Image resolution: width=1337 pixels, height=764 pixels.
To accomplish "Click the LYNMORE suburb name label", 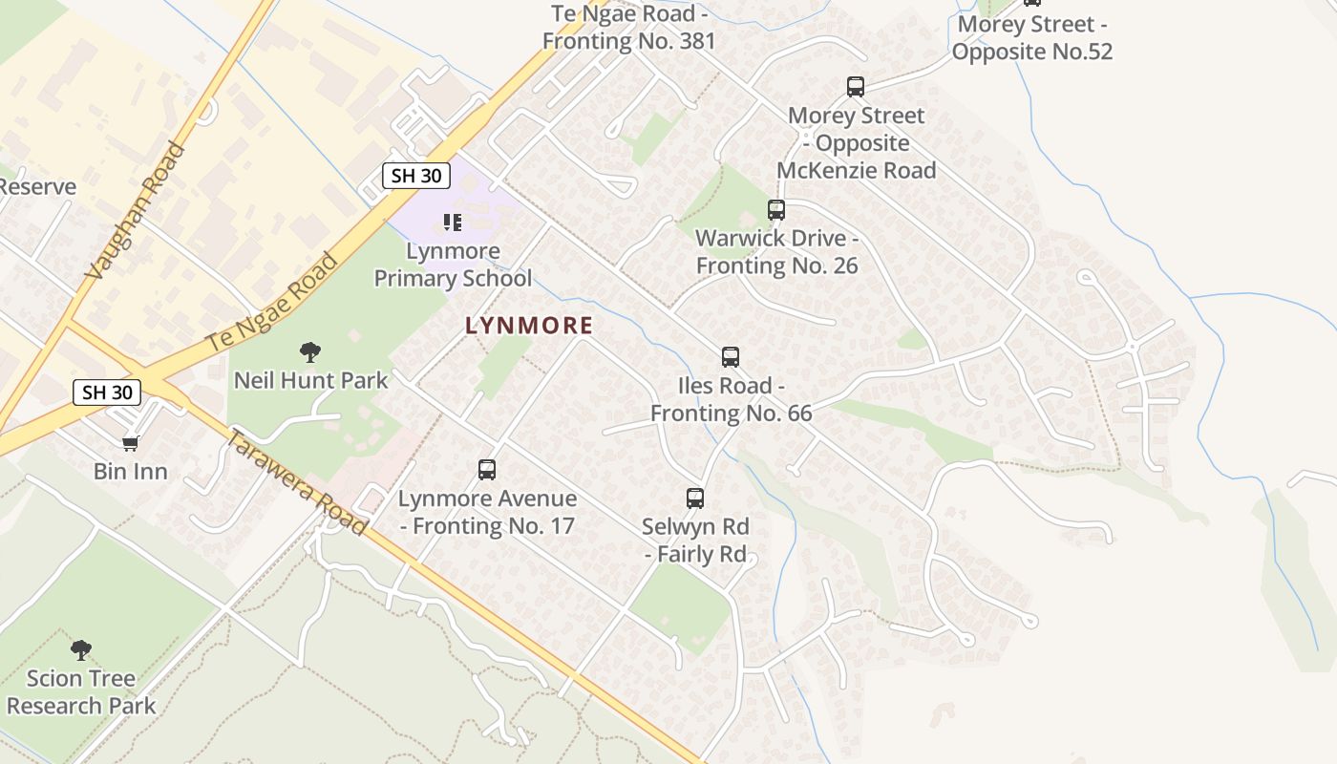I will coord(529,326).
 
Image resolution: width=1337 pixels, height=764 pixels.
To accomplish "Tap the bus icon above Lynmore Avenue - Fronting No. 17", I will coord(487,470).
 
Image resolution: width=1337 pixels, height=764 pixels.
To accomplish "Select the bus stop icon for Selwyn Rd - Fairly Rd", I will coord(695,498).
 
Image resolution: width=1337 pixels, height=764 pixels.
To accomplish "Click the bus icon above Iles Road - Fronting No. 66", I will coord(731,357).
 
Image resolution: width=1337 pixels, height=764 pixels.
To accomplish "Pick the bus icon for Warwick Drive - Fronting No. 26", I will coord(776,210).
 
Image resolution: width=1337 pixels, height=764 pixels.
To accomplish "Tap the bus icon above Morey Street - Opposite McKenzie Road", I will coord(856,87).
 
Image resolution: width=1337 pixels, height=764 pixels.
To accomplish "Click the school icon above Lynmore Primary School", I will coord(453,223).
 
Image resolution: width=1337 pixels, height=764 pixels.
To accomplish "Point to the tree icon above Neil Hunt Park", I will coord(310,352).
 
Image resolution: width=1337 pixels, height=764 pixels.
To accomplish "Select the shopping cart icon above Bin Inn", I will coord(131,443).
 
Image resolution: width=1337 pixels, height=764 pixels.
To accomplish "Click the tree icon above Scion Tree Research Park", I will coord(81,650).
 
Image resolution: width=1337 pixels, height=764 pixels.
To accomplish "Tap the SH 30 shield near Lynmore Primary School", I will coord(416,176).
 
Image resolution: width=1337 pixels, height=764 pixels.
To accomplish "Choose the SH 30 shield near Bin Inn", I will coord(107,392).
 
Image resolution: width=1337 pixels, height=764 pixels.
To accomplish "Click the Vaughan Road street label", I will coord(135,212).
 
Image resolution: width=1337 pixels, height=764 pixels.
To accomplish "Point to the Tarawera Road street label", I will coord(297,482).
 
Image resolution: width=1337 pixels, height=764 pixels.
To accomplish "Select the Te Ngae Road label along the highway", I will coord(273,301).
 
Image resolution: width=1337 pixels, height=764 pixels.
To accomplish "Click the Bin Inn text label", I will coord(131,472).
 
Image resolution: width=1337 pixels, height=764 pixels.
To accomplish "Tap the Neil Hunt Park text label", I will coord(311,380).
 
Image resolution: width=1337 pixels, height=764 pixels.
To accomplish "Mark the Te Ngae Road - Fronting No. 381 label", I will coord(629,28).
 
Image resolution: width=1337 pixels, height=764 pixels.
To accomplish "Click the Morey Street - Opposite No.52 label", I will coord(1031,37).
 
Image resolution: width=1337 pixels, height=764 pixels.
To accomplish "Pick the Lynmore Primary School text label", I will coord(453,265).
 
